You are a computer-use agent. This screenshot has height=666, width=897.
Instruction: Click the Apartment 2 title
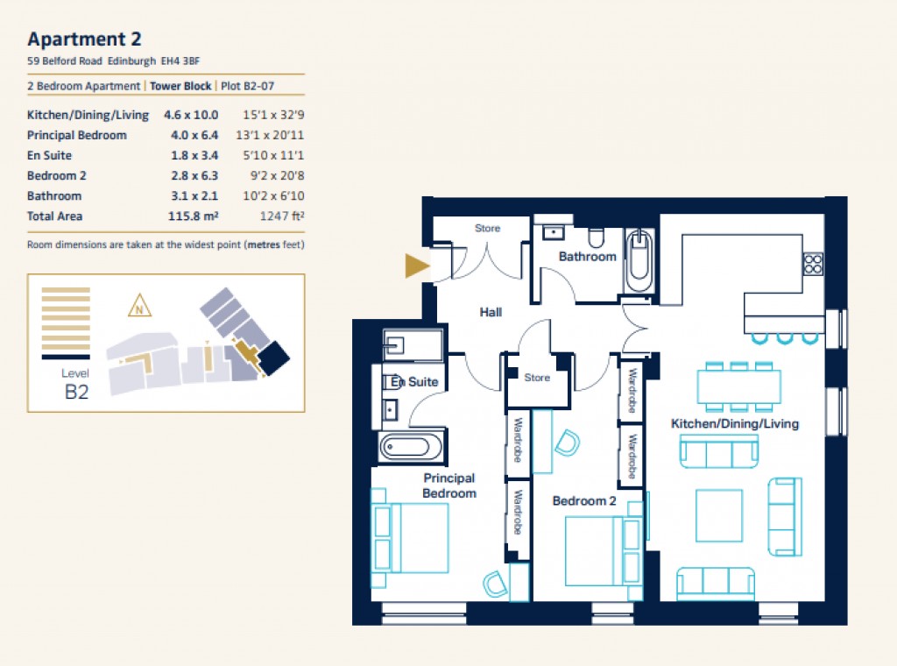coord(84,39)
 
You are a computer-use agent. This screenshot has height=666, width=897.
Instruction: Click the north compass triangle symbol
coord(138,307)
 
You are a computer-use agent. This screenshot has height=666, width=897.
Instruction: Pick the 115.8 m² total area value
coord(193,216)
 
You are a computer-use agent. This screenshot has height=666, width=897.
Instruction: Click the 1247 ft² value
coord(282,216)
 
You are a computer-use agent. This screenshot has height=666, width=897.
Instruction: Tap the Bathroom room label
coord(587,257)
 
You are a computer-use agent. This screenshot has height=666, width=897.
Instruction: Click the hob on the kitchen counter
coord(813,262)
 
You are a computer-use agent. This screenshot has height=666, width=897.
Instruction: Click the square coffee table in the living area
coord(718,515)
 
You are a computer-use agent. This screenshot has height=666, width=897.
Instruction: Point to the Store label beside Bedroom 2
coord(537,378)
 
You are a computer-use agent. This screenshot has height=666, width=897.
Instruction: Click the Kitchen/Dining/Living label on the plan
coord(734,424)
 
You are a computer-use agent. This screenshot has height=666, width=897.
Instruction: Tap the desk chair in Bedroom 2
coord(566,443)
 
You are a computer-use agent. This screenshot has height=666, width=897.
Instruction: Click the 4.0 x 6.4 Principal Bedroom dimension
coord(194,135)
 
